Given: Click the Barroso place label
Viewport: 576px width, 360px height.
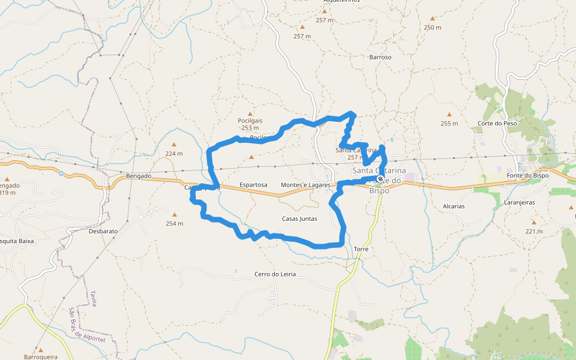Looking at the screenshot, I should coord(380,57).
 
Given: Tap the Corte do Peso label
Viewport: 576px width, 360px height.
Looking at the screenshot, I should coord(497,124).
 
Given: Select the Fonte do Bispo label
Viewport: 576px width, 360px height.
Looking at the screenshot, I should coord(527,175).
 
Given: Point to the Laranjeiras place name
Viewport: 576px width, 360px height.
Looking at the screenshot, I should coord(519,203).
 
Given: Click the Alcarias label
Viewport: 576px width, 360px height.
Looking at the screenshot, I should coord(454,206).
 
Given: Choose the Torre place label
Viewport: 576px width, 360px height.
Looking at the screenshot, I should coord(361,248).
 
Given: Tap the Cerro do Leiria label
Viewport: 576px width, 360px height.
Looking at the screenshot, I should coord(275,274).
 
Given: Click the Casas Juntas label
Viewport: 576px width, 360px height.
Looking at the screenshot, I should coord(299,218).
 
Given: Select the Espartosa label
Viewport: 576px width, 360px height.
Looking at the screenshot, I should coord(253,185).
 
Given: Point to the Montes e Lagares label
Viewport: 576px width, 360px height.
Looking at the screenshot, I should coord(305,185).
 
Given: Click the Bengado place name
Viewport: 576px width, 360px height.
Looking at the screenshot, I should coord(139,176).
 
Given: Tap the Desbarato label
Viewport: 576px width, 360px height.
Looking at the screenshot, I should coord(103,231).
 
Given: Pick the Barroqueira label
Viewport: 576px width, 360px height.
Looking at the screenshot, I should coord(41,357).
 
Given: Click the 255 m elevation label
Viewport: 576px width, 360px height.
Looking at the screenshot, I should coord(449,124).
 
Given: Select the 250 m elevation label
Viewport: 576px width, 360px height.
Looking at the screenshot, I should coord(432,28).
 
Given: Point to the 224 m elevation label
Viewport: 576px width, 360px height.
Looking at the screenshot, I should coord(174,154).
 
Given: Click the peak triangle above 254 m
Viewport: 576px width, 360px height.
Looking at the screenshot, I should coord(175,214).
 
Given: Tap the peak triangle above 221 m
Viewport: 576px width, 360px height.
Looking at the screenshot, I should coord(533,222).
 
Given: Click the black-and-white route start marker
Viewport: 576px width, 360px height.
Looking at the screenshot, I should coord(380,179).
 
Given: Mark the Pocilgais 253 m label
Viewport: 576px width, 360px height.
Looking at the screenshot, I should coord(250,124).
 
